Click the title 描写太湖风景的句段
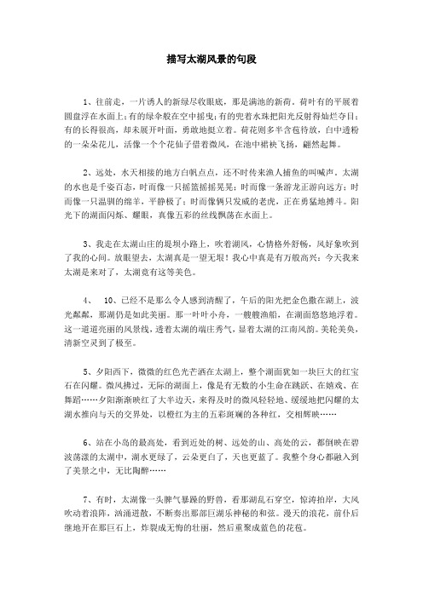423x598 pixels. tap(211, 61)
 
